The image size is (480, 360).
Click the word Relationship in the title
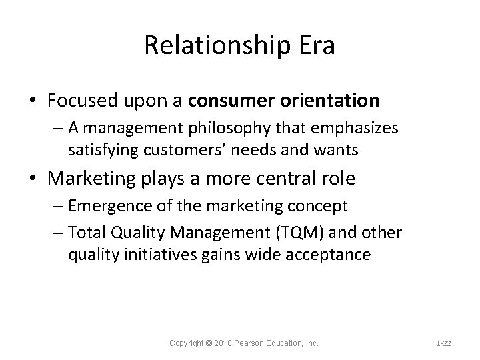click(x=217, y=47)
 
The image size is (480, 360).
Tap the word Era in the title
click(x=312, y=45)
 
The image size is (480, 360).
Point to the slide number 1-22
click(x=443, y=343)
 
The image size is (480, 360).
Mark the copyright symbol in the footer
click(x=210, y=343)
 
